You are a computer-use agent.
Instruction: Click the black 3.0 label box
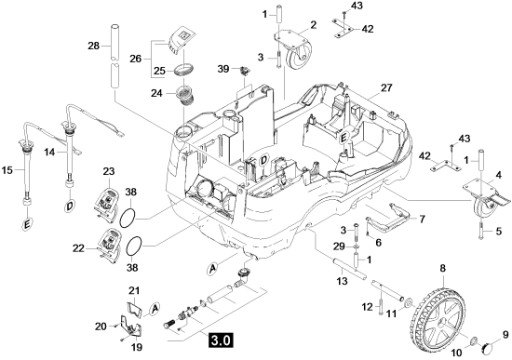pos(222,340)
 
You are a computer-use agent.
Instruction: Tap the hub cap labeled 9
pos(487,347)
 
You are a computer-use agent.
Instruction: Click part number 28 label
pos(93,46)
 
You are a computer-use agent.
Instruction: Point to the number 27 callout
pos(386,88)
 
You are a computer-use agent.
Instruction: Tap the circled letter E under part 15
pos(27,224)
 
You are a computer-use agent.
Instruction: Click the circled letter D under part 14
pos(70,207)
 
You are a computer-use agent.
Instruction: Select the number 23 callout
pos(109,171)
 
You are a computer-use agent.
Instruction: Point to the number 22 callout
pos(78,248)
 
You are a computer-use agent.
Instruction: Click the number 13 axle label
pos(342,280)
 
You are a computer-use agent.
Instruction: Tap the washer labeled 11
pos(407,302)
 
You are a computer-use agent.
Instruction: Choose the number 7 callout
pos(422,220)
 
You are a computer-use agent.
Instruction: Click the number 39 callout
pos(223,69)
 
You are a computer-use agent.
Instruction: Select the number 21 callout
pos(134,290)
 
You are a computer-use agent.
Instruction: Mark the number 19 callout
pos(137,347)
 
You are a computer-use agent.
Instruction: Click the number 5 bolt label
pos(498,232)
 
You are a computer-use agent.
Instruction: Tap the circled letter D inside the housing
pos(263,161)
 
